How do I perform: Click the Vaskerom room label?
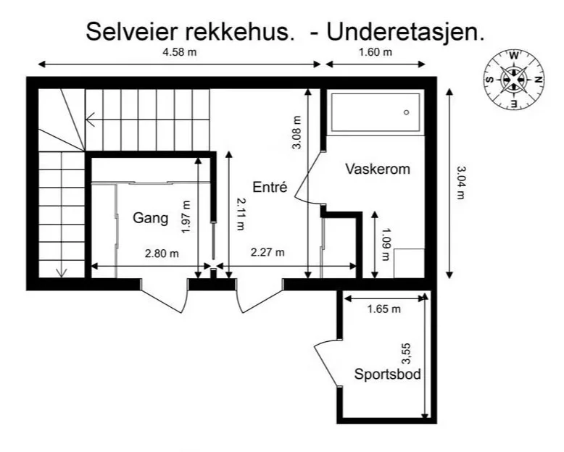click(377, 169)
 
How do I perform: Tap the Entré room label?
click(271, 186)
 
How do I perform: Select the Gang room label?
click(151, 217)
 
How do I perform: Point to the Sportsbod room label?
click(388, 374)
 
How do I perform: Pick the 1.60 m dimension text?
click(376, 52)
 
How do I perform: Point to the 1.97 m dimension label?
click(186, 217)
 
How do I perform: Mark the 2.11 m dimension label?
click(240, 215)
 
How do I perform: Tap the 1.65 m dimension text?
click(383, 309)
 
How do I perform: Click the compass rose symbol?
click(513, 80)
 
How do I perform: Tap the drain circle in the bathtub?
click(406, 112)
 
